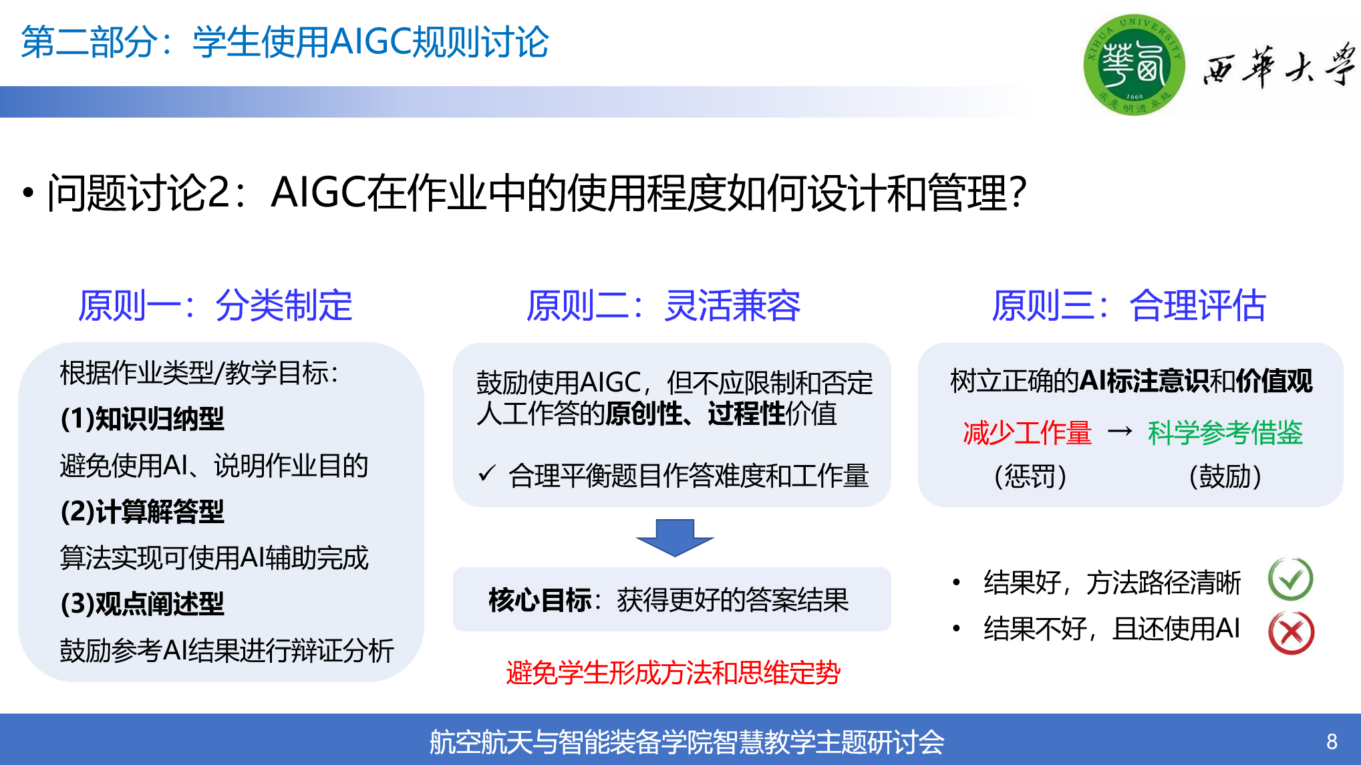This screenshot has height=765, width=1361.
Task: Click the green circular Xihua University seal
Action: click(1134, 65)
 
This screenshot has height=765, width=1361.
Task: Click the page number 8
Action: click(1332, 742)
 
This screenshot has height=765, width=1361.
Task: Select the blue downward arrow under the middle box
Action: click(675, 537)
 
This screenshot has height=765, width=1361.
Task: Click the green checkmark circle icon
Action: click(1291, 579)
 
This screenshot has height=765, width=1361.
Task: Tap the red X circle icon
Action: click(1291, 632)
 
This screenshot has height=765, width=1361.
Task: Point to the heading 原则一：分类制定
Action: click(215, 306)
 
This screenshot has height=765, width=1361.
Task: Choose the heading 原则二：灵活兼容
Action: click(663, 306)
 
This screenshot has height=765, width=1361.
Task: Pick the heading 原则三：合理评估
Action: click(1128, 306)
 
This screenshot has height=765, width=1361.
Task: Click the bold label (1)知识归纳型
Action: click(142, 419)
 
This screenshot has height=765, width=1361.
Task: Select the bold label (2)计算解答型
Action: click(142, 512)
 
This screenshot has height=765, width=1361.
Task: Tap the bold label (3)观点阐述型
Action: click(142, 604)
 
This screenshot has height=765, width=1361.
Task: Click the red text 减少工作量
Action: click(1027, 433)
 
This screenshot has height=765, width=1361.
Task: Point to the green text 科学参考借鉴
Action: click(1225, 433)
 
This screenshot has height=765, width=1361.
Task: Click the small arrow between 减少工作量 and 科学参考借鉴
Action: click(1120, 432)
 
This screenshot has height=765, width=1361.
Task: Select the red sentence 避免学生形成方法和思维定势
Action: click(673, 672)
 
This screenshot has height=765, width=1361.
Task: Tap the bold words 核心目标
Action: click(540, 600)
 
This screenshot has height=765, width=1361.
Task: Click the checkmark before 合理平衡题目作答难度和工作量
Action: click(487, 474)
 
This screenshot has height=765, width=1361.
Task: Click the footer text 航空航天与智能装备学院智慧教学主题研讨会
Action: click(687, 742)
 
